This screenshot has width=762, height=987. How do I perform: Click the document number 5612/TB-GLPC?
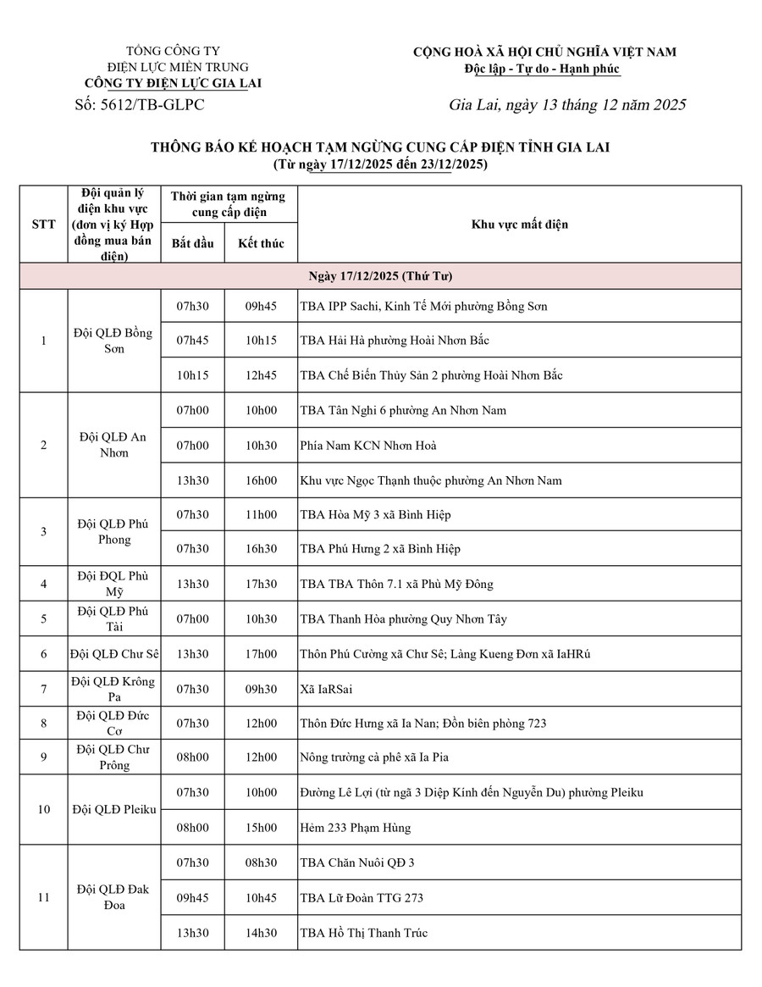tap(140, 105)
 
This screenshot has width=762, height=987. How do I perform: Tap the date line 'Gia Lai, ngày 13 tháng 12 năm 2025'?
tap(567, 105)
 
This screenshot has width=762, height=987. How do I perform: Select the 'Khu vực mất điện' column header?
tap(520, 225)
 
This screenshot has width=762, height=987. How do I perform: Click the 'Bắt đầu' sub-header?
tap(192, 243)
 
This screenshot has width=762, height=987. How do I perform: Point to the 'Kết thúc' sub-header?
tap(261, 243)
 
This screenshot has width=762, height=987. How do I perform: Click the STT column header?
tap(44, 225)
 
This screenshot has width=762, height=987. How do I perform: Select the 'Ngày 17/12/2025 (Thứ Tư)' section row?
tap(380, 277)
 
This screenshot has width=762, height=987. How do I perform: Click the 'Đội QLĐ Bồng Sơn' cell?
tap(113, 341)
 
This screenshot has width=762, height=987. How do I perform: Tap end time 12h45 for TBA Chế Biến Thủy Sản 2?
tap(261, 375)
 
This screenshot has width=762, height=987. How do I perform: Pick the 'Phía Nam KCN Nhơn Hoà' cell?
tap(368, 446)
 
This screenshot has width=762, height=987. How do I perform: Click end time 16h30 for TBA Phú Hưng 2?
tap(261, 549)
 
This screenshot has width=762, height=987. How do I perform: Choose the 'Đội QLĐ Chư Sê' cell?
tap(113, 654)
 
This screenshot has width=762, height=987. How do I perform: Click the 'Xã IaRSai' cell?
tap(327, 689)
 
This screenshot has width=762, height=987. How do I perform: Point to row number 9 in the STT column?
tap(44, 757)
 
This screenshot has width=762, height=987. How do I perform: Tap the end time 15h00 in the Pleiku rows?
tap(261, 827)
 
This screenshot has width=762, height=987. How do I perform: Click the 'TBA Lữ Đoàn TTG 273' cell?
tap(362, 897)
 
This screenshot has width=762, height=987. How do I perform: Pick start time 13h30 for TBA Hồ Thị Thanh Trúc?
tap(192, 933)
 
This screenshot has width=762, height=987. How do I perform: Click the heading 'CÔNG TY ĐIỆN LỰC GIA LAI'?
tap(174, 83)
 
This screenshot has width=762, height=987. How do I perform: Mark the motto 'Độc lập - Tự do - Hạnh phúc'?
tap(543, 69)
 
